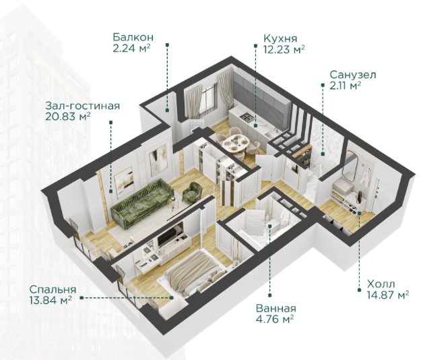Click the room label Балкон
(x=133, y=37)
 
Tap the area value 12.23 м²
(x=284, y=49)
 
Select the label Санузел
(x=353, y=75)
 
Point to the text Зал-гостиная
(x=83, y=106)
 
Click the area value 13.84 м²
(x=51, y=300)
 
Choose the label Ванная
(x=276, y=308)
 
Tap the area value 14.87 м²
(x=388, y=295)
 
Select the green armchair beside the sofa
(x=193, y=191)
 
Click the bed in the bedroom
(x=193, y=272)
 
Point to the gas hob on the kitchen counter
(x=247, y=117)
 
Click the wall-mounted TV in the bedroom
(x=170, y=235)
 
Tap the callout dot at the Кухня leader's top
(x=255, y=46)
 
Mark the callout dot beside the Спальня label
(x=82, y=297)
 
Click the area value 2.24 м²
(x=131, y=49)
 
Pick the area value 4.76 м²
(x=275, y=320)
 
